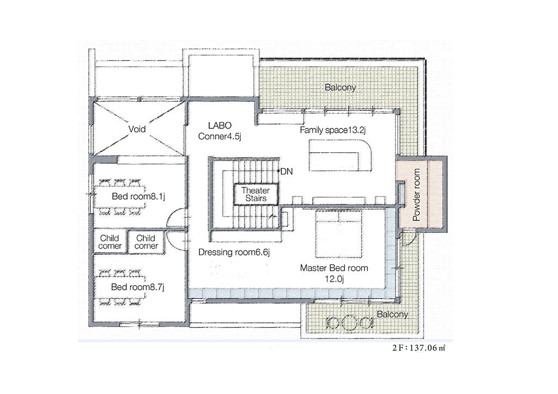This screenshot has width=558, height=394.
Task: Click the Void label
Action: pyautogui.click(x=137, y=129)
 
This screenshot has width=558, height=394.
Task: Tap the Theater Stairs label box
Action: pyautogui.click(x=256, y=194)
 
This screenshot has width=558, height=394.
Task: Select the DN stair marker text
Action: pyautogui.click(x=287, y=171)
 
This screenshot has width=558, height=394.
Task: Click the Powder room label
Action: pyautogui.click(x=416, y=194)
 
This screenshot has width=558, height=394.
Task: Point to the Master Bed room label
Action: pyautogui.click(x=334, y=273)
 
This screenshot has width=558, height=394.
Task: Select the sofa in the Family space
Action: pyautogui.click(x=340, y=156)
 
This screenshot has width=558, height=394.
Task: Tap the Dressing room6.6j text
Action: pyautogui.click(x=234, y=253)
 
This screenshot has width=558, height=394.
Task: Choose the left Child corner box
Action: pyautogui.click(x=110, y=242)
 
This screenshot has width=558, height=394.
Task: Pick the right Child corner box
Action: pyautogui.click(x=146, y=242)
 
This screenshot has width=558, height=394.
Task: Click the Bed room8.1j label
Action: pyautogui.click(x=138, y=196)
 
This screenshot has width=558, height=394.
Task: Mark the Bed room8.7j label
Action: pyautogui.click(x=138, y=287)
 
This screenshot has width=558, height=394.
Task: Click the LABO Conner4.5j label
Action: pyautogui.click(x=220, y=131)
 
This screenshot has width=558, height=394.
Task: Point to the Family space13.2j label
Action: pyautogui.click(x=333, y=130)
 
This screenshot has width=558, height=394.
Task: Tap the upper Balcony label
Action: pyautogui.click(x=340, y=88)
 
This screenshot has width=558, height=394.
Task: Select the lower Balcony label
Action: pyautogui.click(x=392, y=314)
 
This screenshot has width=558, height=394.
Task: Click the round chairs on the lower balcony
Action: pyautogui.click(x=350, y=322)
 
